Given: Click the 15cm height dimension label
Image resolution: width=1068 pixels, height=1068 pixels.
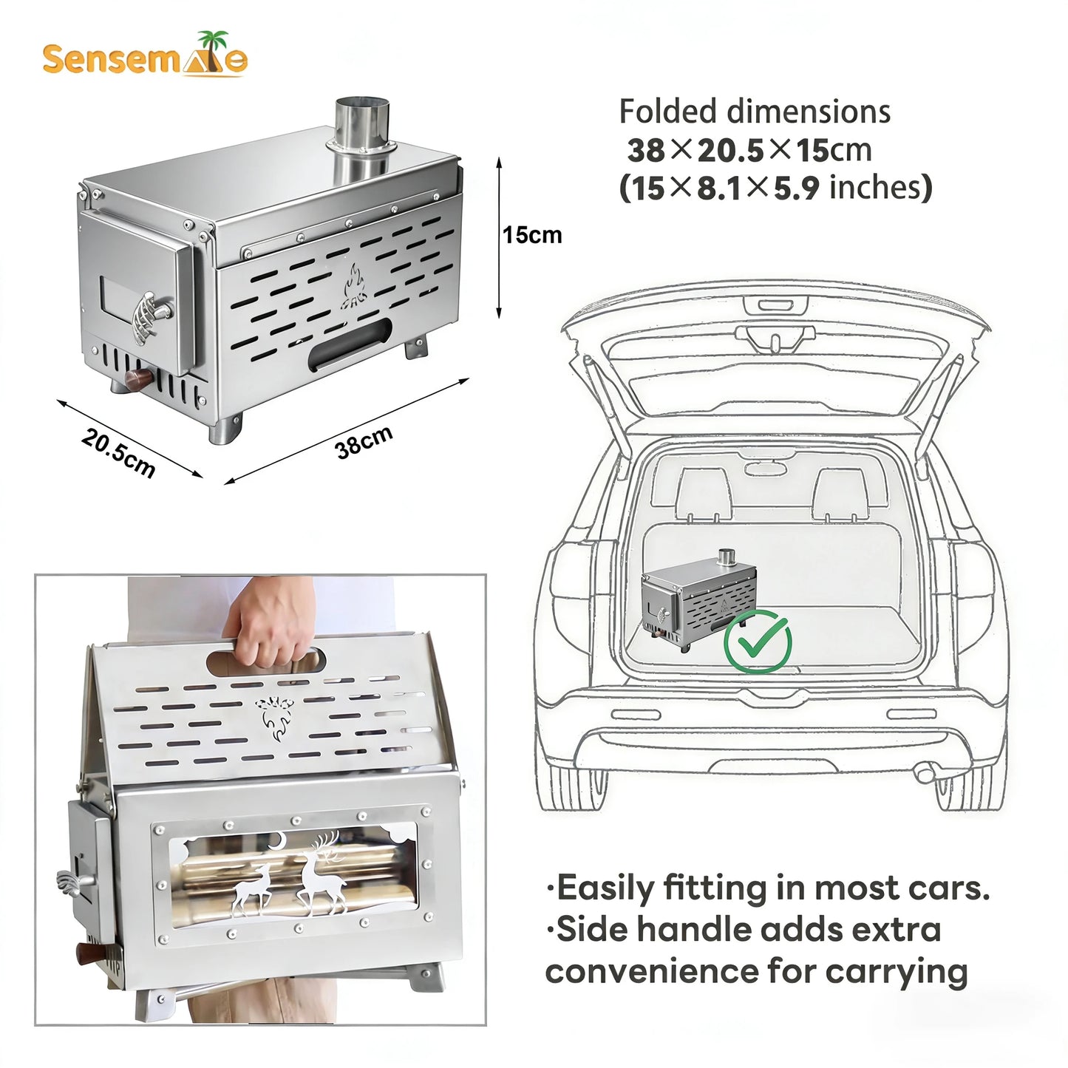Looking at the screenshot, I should (532, 235).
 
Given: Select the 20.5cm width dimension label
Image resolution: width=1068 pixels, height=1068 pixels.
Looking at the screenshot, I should (118, 453).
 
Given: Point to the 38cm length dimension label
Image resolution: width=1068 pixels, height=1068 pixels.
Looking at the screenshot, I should (363, 442).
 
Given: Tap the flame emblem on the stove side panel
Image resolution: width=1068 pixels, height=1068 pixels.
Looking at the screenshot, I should (354, 288).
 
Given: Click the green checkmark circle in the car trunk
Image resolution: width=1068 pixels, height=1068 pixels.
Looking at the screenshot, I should (757, 642).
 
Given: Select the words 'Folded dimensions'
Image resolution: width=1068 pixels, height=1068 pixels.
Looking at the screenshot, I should (754, 112).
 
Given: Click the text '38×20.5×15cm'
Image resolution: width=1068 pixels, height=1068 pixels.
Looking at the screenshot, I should (749, 151).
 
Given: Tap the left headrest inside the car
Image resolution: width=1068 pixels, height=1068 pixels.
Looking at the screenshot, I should (703, 492).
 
